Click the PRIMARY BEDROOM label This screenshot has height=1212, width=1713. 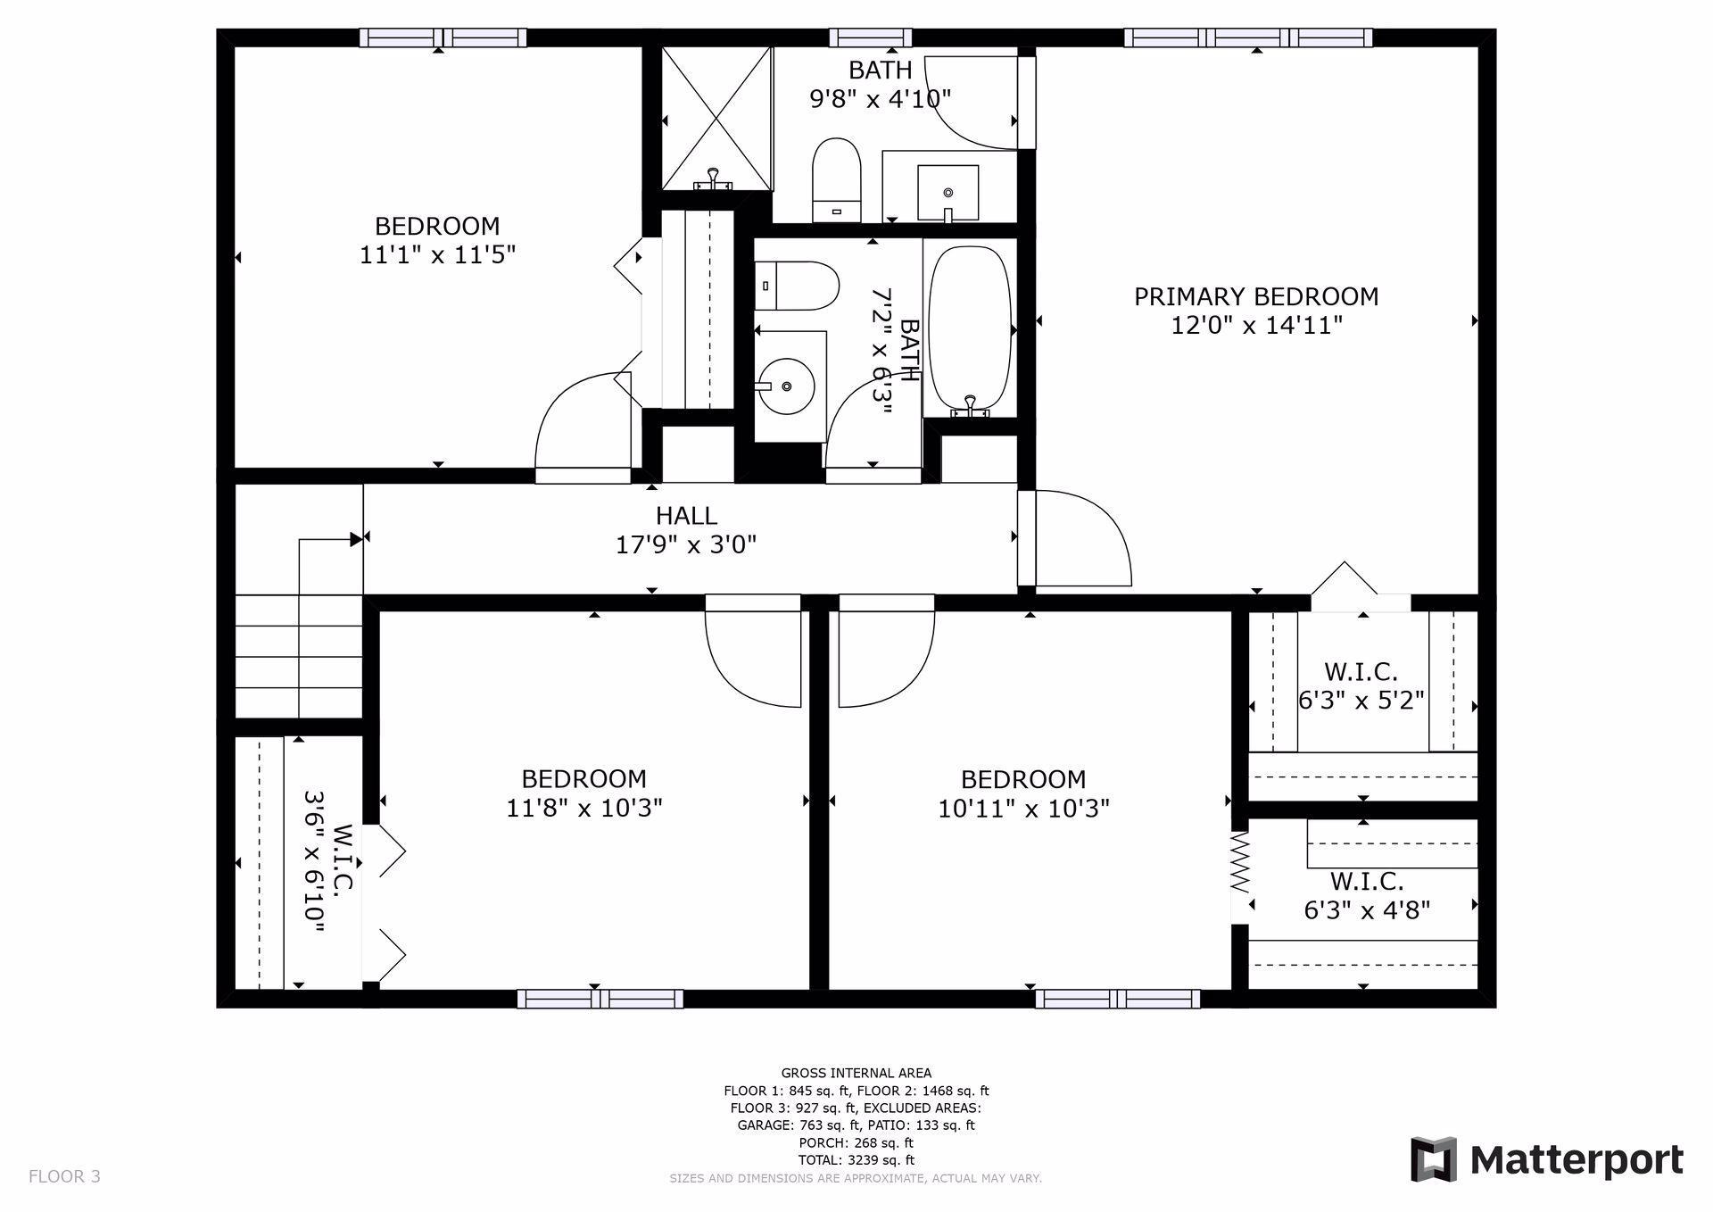click(x=1255, y=296)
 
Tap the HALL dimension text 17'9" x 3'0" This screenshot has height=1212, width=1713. click(x=685, y=544)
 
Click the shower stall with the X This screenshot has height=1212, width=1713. click(x=716, y=118)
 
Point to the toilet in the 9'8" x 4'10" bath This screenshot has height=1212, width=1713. click(x=836, y=179)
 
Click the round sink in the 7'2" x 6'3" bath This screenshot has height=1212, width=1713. click(x=786, y=386)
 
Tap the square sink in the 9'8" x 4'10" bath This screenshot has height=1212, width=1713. click(x=948, y=192)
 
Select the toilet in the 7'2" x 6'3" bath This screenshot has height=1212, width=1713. click(x=797, y=286)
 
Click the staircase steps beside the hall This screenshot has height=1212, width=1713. click(x=298, y=656)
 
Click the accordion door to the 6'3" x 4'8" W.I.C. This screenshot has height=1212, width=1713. click(x=1239, y=863)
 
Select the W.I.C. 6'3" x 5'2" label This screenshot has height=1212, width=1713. click(x=1360, y=685)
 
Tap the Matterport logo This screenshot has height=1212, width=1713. click(x=1546, y=1159)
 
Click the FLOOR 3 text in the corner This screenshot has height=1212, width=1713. click(x=64, y=1176)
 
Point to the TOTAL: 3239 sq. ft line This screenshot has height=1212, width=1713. click(x=856, y=1160)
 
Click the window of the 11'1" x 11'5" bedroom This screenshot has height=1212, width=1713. click(x=443, y=37)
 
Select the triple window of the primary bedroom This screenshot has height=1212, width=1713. click(x=1247, y=37)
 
